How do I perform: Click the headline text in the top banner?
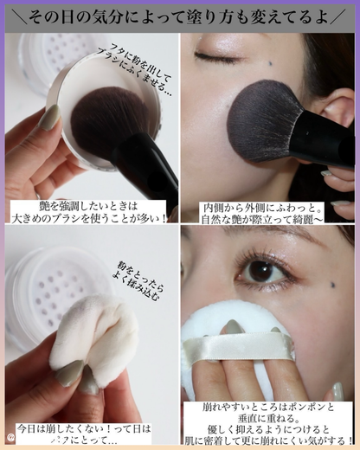(180, 16)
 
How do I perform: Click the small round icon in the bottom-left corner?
(10, 439)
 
